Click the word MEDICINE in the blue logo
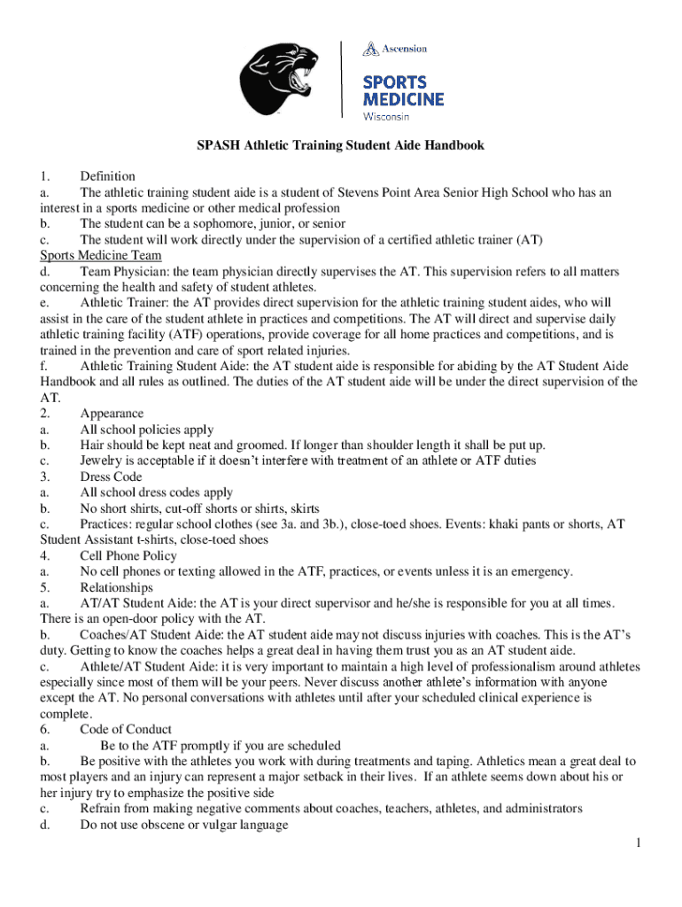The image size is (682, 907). [x=403, y=98]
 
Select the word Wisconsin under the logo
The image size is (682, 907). [x=386, y=117]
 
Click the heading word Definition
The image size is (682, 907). [x=107, y=176]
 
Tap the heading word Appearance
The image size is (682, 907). [x=112, y=413]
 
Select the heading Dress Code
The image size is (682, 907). [x=111, y=477]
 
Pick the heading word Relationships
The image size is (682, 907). [x=116, y=587]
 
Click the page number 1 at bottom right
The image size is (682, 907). [x=636, y=841]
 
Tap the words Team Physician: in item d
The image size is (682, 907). [x=120, y=271]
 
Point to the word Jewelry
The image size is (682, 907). [x=101, y=461]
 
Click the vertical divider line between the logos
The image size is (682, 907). [x=342, y=78]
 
